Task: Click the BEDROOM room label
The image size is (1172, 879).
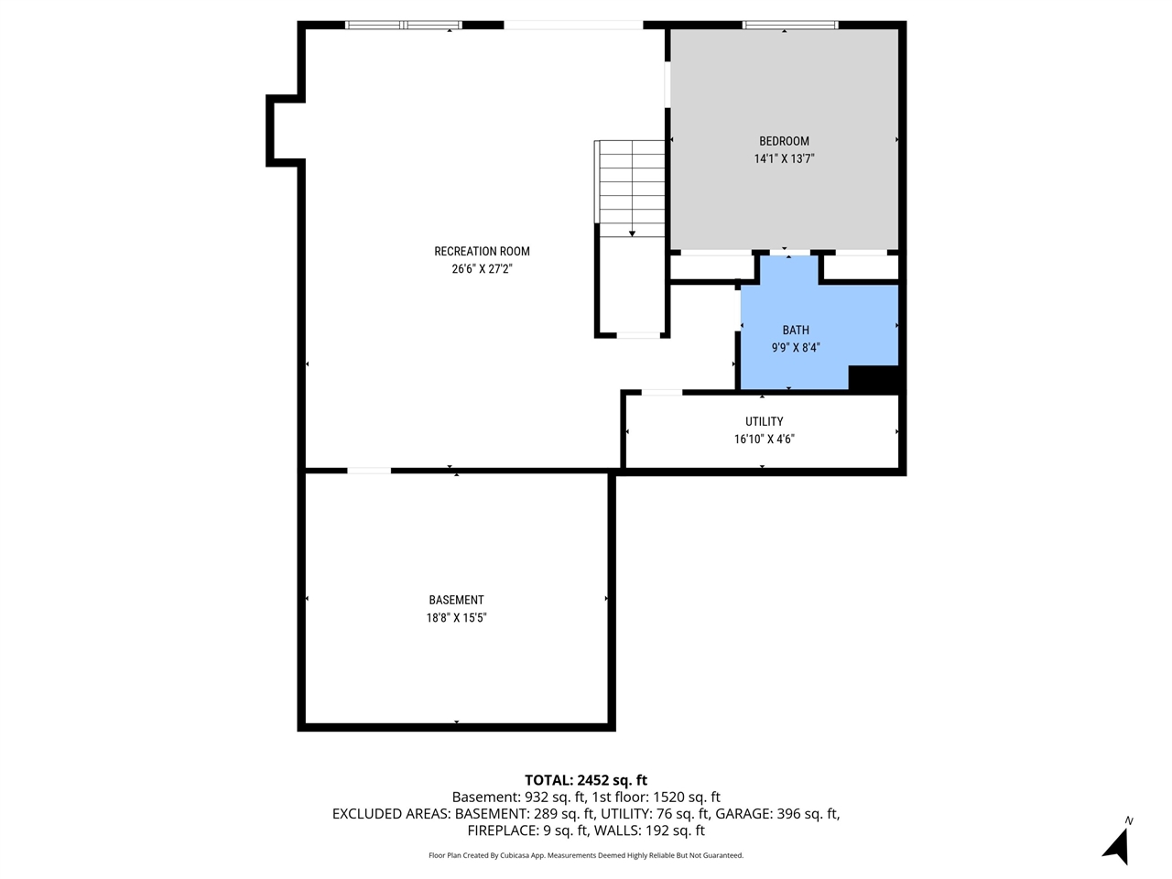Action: click(x=784, y=141)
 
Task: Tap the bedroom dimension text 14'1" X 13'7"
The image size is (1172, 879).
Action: click(x=784, y=158)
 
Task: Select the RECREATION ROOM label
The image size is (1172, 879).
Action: click(x=482, y=251)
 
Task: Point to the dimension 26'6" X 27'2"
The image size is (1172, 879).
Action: click(x=482, y=269)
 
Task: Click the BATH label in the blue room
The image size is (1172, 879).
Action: click(x=796, y=330)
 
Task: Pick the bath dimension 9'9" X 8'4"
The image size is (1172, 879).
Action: click(x=796, y=348)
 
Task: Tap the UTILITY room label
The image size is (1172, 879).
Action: click(x=764, y=421)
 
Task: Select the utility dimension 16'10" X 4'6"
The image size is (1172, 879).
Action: click(x=764, y=439)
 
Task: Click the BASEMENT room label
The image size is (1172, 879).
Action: click(x=456, y=600)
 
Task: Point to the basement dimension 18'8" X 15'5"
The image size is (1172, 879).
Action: click(x=456, y=618)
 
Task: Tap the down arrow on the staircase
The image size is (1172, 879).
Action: click(x=632, y=233)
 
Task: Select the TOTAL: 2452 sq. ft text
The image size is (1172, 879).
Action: click(x=586, y=780)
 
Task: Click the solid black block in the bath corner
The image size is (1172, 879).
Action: click(x=874, y=379)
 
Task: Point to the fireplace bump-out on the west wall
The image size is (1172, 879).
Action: click(x=284, y=131)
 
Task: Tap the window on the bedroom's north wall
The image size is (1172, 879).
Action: click(x=789, y=25)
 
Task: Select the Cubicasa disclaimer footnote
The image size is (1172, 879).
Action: click(x=586, y=855)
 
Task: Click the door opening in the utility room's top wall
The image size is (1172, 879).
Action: click(x=661, y=393)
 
